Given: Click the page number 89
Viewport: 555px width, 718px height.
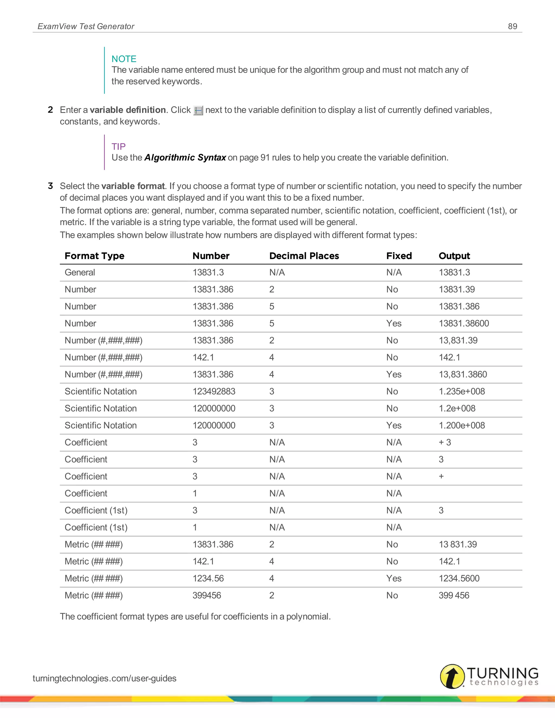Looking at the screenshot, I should (512, 26).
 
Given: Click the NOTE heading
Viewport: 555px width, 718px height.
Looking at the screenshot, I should (124, 59).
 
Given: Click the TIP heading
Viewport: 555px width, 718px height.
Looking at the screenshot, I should (118, 146).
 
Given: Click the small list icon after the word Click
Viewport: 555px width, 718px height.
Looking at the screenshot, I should (198, 111).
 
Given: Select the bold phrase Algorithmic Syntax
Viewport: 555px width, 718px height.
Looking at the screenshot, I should (185, 157).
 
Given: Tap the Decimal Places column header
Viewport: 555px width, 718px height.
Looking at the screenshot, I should (304, 256).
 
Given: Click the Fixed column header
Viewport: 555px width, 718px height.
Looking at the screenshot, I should (399, 256).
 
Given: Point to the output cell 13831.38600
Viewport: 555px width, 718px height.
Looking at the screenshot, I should (464, 324).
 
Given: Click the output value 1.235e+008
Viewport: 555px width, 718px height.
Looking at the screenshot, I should (462, 391).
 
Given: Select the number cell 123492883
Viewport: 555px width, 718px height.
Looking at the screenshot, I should (214, 391).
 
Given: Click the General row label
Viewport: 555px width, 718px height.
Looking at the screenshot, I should (80, 272).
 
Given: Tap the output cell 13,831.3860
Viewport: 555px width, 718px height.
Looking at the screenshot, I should (463, 374).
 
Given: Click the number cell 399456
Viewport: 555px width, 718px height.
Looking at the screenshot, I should (207, 595).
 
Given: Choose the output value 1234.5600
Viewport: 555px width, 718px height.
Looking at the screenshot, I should (459, 578).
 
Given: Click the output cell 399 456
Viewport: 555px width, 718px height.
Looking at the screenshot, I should (454, 595).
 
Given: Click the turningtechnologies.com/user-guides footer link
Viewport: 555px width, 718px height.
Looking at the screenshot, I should (105, 678).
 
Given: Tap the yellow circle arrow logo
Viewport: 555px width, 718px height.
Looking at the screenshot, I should (452, 676).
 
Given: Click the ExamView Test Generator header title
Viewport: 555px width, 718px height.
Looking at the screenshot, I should (86, 26).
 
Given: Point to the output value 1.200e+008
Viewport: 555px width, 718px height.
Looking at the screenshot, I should (462, 425).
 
